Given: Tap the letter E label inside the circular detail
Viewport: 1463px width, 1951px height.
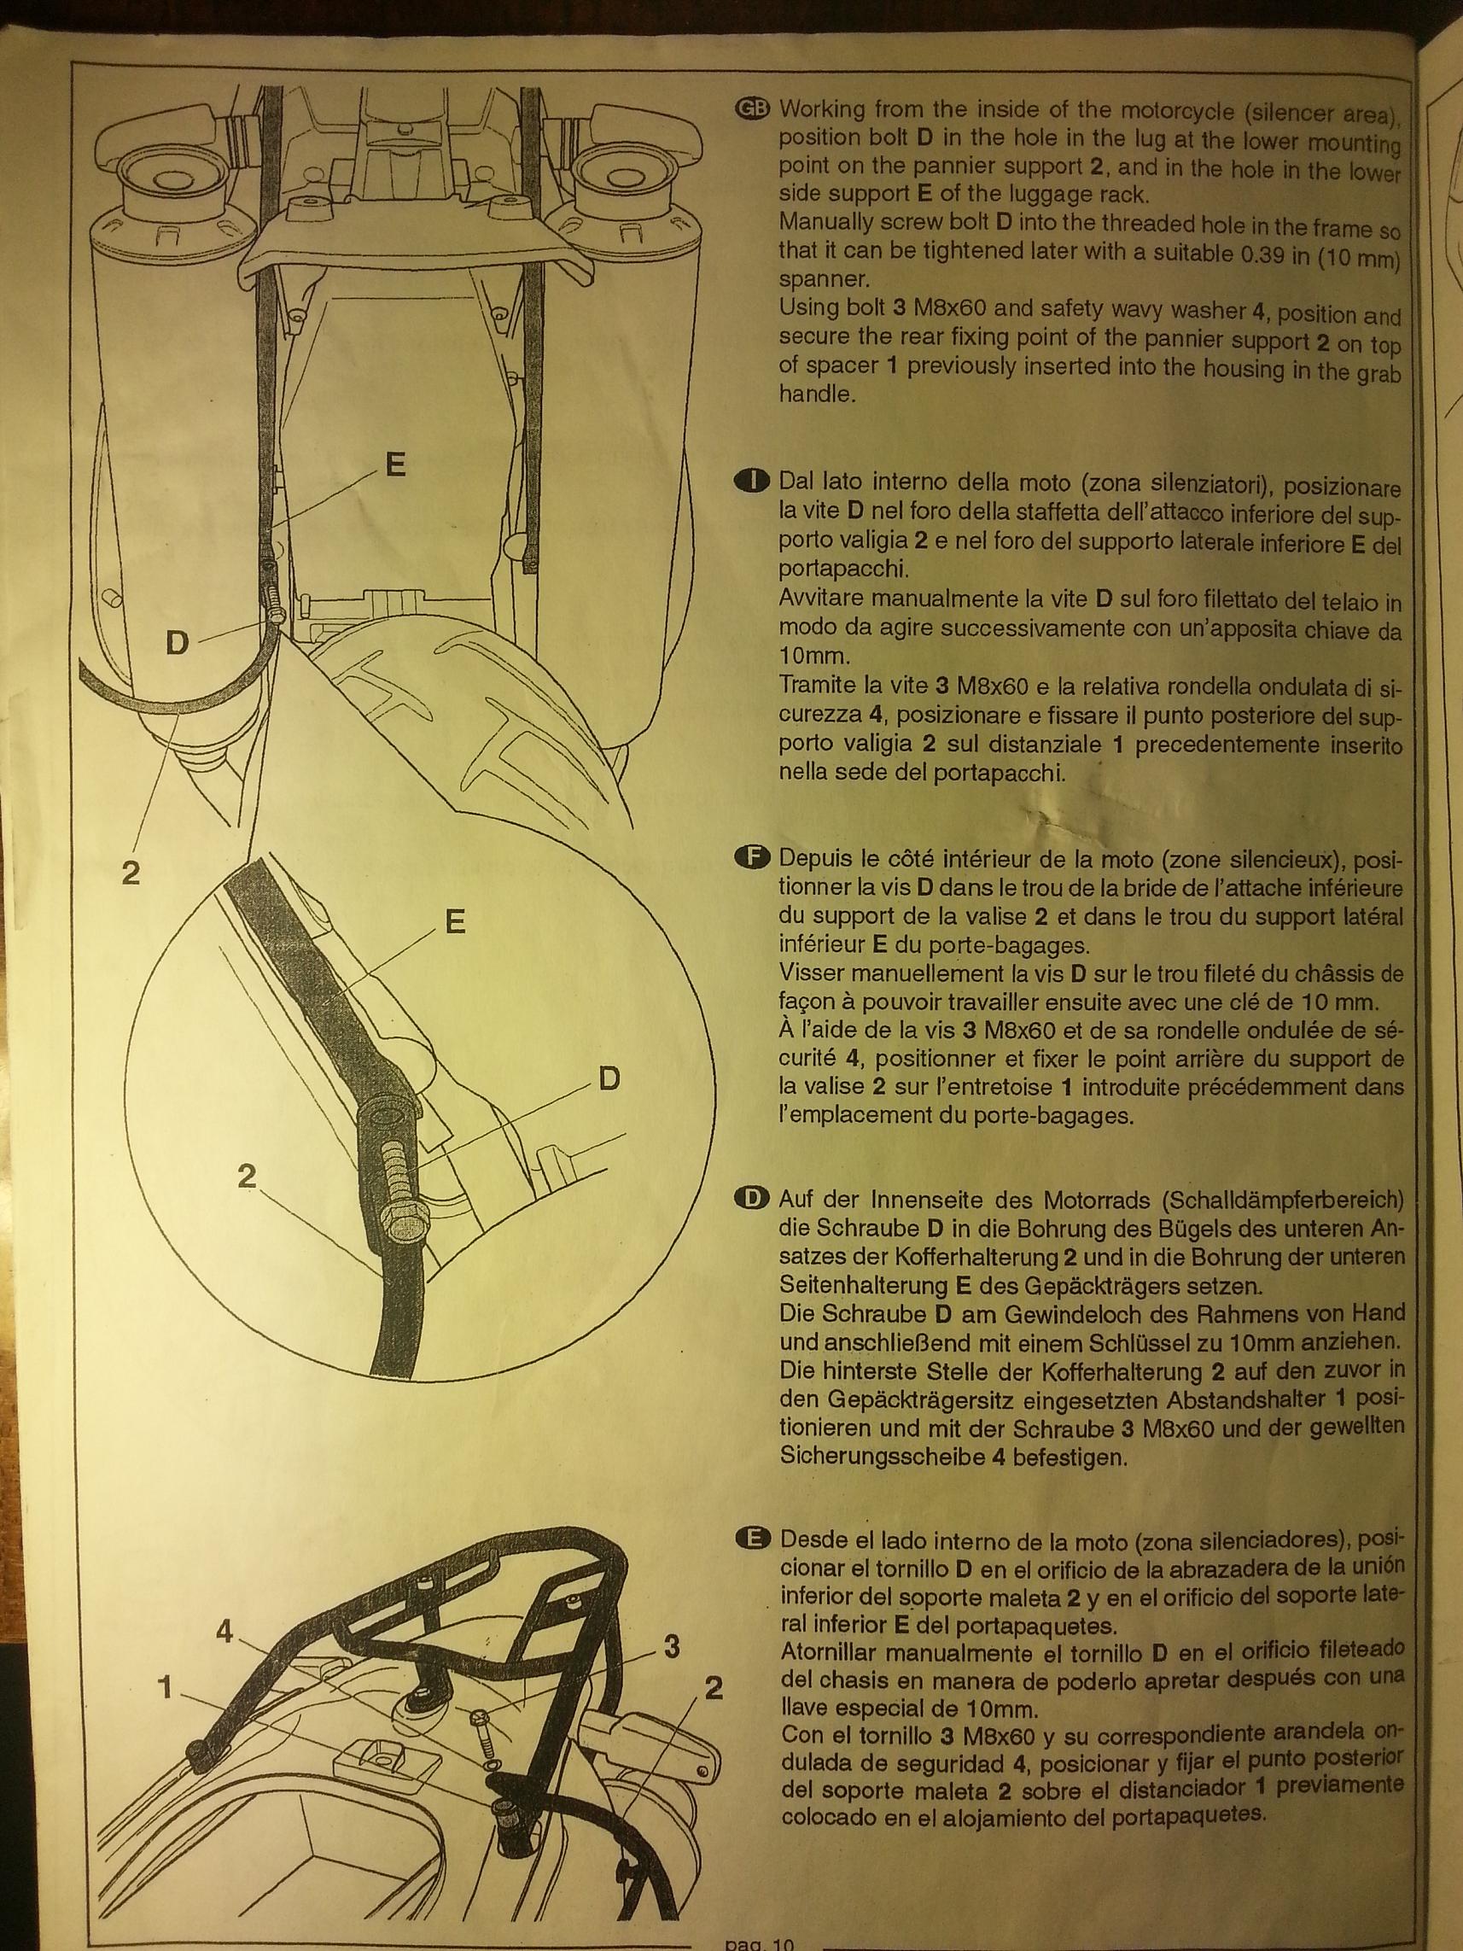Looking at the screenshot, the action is coord(455,921).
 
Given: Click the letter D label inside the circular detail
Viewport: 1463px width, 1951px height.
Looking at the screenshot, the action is coord(609,1078).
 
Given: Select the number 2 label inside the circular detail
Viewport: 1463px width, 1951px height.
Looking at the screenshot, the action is coord(247,1175).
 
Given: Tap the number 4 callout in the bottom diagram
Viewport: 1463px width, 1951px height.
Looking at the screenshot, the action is coord(224,1633).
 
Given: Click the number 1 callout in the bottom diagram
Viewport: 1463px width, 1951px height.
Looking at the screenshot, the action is coord(163,1686).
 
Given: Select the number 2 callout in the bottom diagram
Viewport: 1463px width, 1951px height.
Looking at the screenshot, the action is coord(714,1687).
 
